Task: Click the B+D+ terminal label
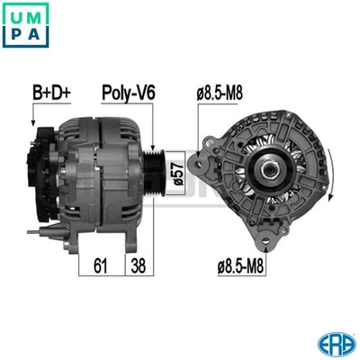(51, 92)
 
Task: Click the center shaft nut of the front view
(267, 168)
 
